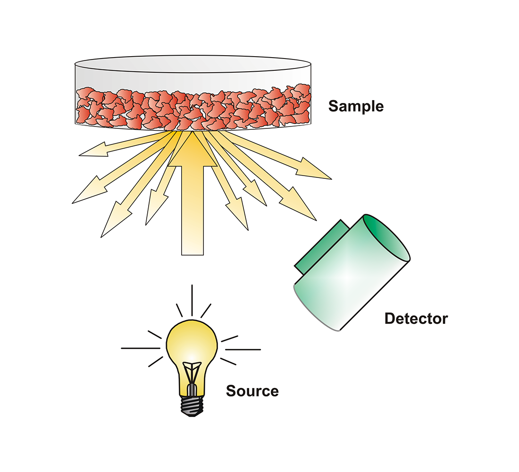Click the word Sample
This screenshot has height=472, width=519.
(x=356, y=106)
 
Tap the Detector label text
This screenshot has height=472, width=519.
(x=416, y=319)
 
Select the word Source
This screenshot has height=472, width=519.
(x=252, y=391)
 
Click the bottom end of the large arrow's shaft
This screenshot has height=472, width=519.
(x=193, y=250)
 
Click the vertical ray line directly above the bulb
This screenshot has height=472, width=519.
(x=193, y=300)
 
